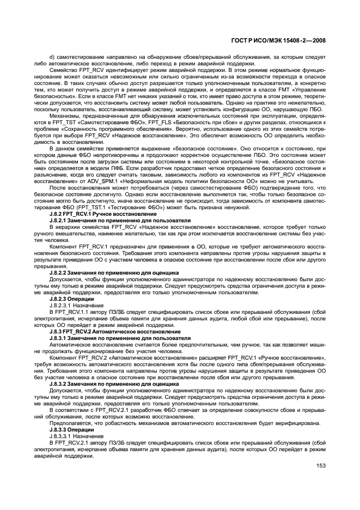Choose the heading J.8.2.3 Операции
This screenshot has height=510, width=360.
pyautogui.click(x=71, y=299)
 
